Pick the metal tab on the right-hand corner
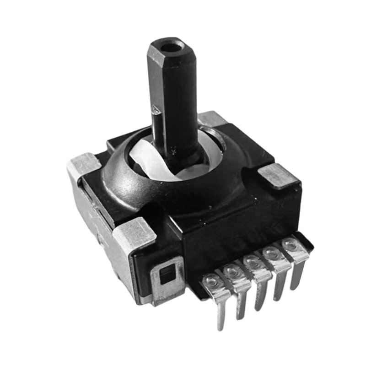[275, 175]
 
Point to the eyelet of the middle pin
[251, 262]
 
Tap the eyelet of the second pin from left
[231, 271]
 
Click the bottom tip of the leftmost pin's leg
[221, 327]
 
